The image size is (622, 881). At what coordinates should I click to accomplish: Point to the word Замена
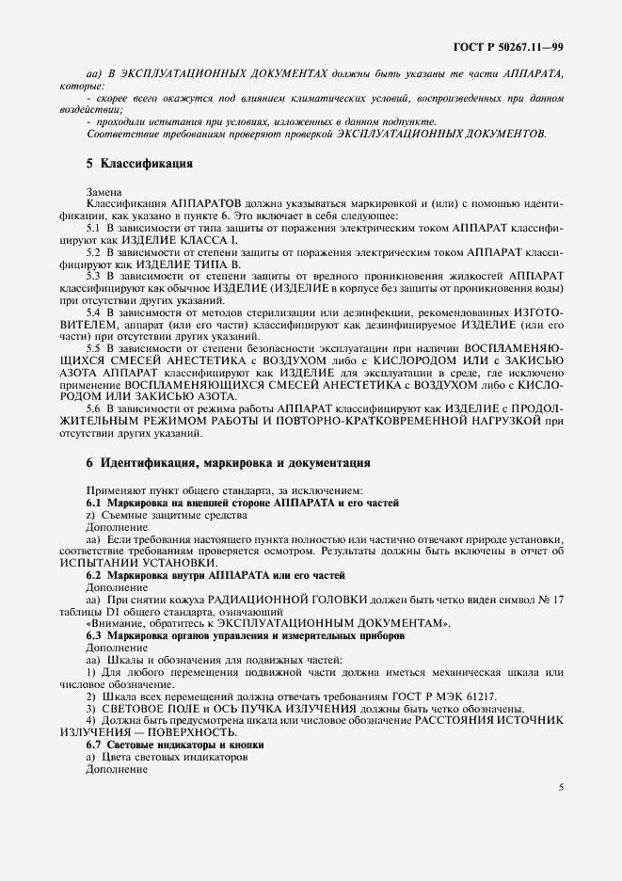pyautogui.click(x=104, y=192)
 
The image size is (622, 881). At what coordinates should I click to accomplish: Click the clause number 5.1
pyautogui.click(x=94, y=229)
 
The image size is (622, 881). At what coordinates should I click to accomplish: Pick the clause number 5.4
pyautogui.click(x=94, y=312)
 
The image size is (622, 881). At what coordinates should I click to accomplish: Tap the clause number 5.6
pyautogui.click(x=94, y=408)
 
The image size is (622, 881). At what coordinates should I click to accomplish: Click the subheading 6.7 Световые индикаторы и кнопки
pyautogui.click(x=174, y=745)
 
